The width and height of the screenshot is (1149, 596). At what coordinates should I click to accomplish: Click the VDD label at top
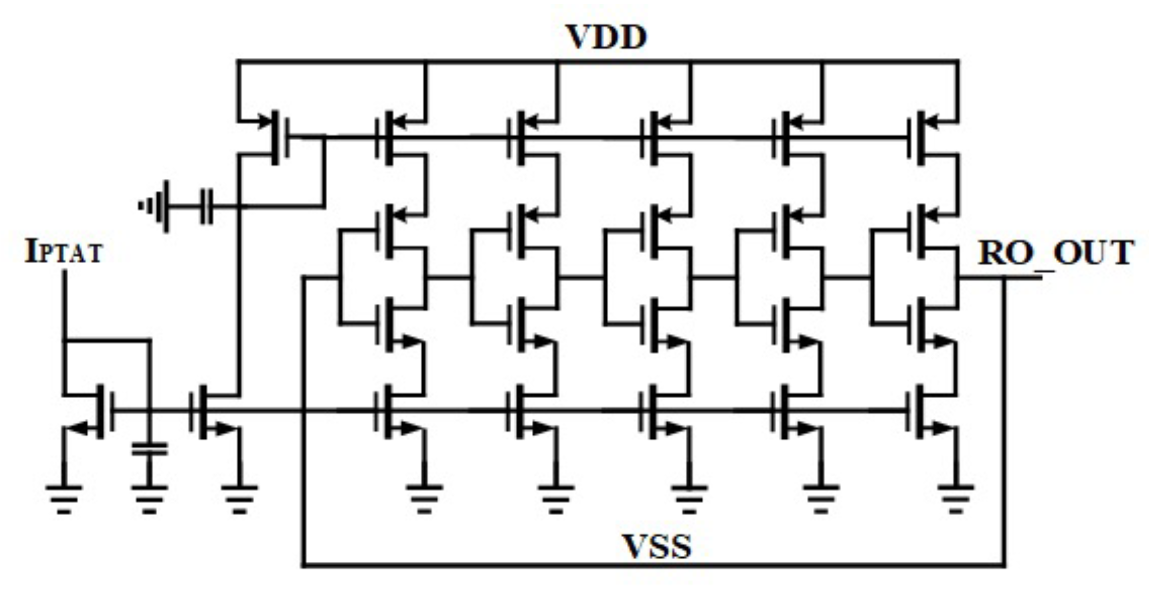[x=606, y=37]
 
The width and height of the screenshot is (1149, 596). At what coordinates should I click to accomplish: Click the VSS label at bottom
[x=656, y=547]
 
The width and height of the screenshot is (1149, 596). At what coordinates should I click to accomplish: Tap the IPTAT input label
[x=64, y=252]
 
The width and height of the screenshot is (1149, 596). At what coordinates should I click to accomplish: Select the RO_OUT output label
[x=1055, y=253]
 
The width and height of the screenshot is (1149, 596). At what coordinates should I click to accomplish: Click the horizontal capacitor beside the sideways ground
[x=207, y=207]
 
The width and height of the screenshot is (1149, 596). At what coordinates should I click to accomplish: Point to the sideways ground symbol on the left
[x=156, y=207]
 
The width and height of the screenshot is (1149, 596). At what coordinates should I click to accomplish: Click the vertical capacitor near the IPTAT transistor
[x=149, y=449]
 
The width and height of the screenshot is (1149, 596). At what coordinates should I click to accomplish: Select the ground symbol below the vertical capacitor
[x=149, y=498]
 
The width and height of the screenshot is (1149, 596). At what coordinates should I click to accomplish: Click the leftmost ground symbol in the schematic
[x=64, y=498]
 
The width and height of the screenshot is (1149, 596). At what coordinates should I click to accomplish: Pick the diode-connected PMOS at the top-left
[x=277, y=137]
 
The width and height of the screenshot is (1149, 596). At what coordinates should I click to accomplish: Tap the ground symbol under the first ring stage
[x=424, y=498]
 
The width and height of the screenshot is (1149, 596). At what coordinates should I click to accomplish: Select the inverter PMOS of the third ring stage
[x=654, y=231]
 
